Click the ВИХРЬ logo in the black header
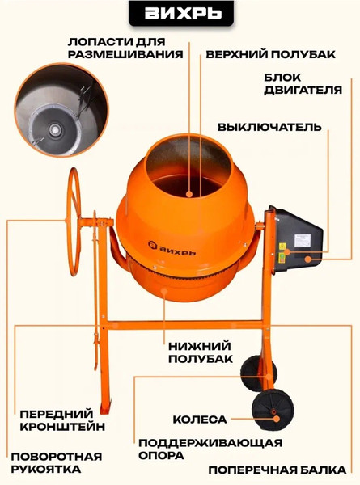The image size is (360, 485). point(180,16)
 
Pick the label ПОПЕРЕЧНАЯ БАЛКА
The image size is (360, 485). point(277,470)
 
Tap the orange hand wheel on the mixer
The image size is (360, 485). point(75,214)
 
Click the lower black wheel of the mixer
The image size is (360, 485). point(271,411)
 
